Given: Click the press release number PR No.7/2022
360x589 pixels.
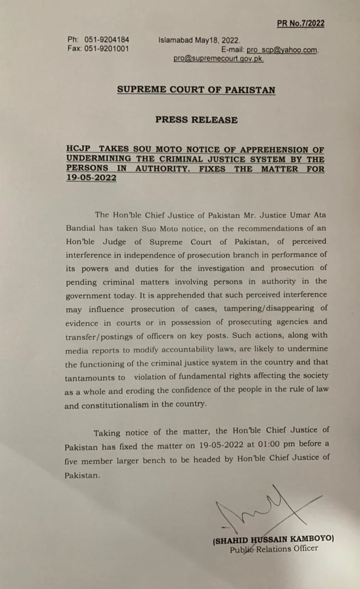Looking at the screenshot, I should tap(301, 23).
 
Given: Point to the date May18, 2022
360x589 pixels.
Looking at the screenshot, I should tap(217, 40).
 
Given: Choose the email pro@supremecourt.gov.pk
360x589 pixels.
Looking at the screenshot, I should tap(218, 59).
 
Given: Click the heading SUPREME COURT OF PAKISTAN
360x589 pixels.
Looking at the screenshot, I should tap(196, 90).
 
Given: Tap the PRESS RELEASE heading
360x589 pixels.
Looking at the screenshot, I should tap(196, 120).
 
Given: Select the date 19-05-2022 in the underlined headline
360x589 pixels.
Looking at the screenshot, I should tap(91, 178).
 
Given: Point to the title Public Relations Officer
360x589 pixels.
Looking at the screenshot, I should tap(273, 549).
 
